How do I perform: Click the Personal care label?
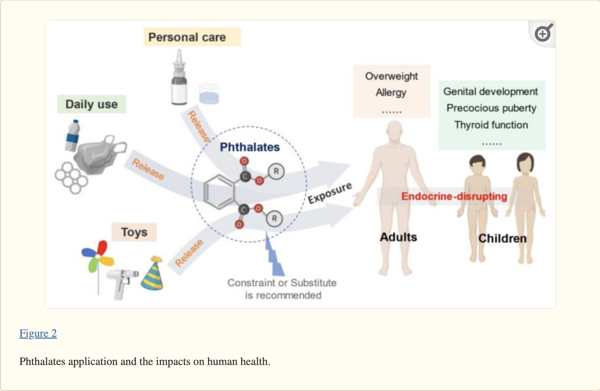click(187, 37)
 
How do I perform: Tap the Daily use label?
click(91, 104)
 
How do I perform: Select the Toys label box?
click(134, 232)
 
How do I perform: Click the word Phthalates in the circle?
click(250, 147)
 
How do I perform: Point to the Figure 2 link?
click(38, 333)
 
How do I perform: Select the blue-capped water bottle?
click(73, 136)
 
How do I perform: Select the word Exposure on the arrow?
click(330, 193)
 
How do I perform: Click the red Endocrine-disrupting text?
click(454, 196)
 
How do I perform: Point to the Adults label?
click(398, 237)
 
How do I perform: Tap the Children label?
click(502, 238)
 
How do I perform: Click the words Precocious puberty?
click(491, 108)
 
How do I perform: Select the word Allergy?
click(391, 92)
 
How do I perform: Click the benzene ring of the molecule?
click(218, 192)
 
